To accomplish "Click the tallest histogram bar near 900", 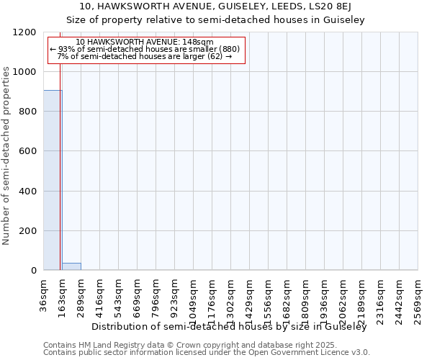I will coord(53,180).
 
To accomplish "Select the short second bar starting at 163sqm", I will coord(71,266).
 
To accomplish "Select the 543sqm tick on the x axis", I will coord(119,294).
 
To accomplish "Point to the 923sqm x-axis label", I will coord(175,294).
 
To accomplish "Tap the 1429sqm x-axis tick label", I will coord(250,296).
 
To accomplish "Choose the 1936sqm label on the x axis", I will coord(325,296).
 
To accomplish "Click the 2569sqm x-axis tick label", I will coord(418,296).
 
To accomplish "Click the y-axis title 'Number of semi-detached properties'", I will coord(6,152).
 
